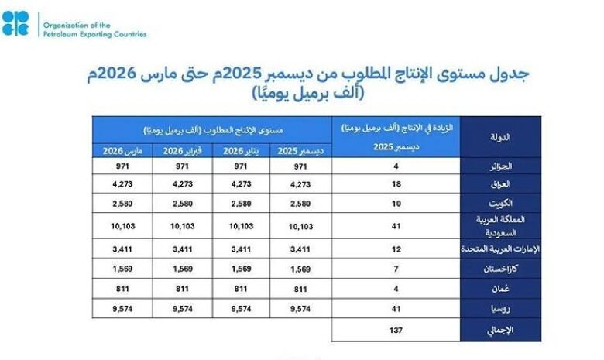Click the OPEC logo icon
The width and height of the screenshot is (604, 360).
coord(15,22)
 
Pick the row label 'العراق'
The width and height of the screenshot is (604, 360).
coord(503,184)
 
